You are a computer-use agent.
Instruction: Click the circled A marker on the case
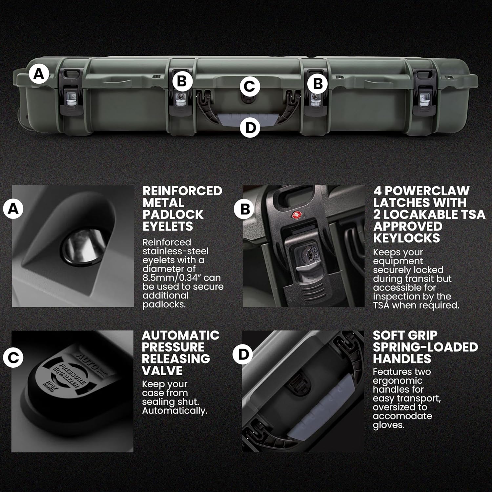tap(39, 74)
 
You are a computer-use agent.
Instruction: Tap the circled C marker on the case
tap(250, 87)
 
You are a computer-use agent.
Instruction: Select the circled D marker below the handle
tap(250, 127)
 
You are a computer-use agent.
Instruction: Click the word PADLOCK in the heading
tap(173, 215)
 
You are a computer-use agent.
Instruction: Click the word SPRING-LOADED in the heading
tap(425, 347)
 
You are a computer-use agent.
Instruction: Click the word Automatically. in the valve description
tap(174, 411)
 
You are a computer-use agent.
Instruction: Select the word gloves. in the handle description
tap(388, 425)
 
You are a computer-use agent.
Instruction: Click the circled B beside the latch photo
tap(245, 209)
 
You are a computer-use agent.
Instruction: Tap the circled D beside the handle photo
tap(243, 354)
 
